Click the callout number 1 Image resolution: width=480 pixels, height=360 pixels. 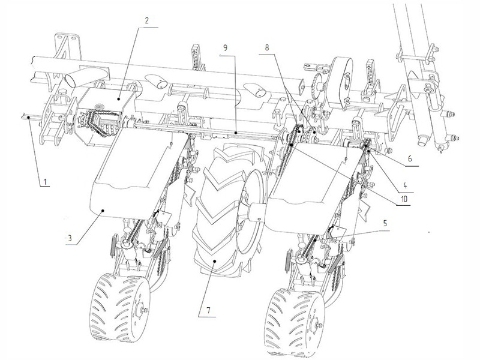coord(45,182)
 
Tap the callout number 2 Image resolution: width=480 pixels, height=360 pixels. coord(146,20)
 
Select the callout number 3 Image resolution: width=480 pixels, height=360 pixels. coord(70,238)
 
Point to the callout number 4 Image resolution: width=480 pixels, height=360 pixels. coord(405,185)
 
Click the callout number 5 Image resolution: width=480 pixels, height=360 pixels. coord(385,223)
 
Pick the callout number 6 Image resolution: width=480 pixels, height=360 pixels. coord(410,158)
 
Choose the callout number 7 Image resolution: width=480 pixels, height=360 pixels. coord(208,310)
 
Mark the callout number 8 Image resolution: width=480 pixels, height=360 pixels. coord(267,47)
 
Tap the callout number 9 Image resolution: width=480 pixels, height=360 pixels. coord(226,48)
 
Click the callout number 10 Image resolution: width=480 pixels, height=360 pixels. coord(404,199)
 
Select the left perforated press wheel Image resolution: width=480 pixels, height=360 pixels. coord(120,307)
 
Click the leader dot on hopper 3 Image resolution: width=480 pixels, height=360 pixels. coord(103,211)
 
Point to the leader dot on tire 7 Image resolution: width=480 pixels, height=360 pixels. coord(215,261)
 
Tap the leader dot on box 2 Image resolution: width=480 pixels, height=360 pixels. coord(119,98)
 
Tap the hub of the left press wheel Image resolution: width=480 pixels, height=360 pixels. coord(142,310)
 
